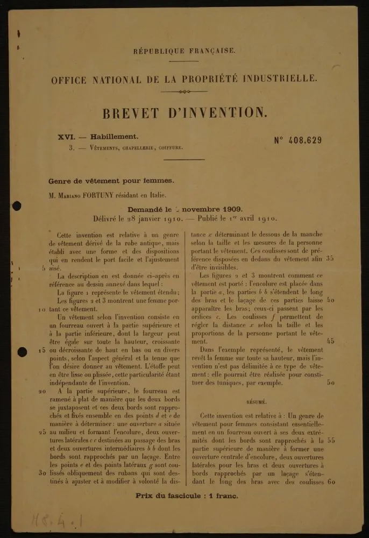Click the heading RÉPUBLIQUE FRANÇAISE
pyautogui.click(x=184, y=51)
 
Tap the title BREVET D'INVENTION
pyautogui.click(x=184, y=113)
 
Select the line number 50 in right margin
pyautogui.click(x=331, y=383)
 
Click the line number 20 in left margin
pyautogui.click(x=42, y=391)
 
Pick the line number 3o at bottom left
pyautogui.click(x=42, y=473)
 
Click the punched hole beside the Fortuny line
pyautogui.click(x=16, y=206)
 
